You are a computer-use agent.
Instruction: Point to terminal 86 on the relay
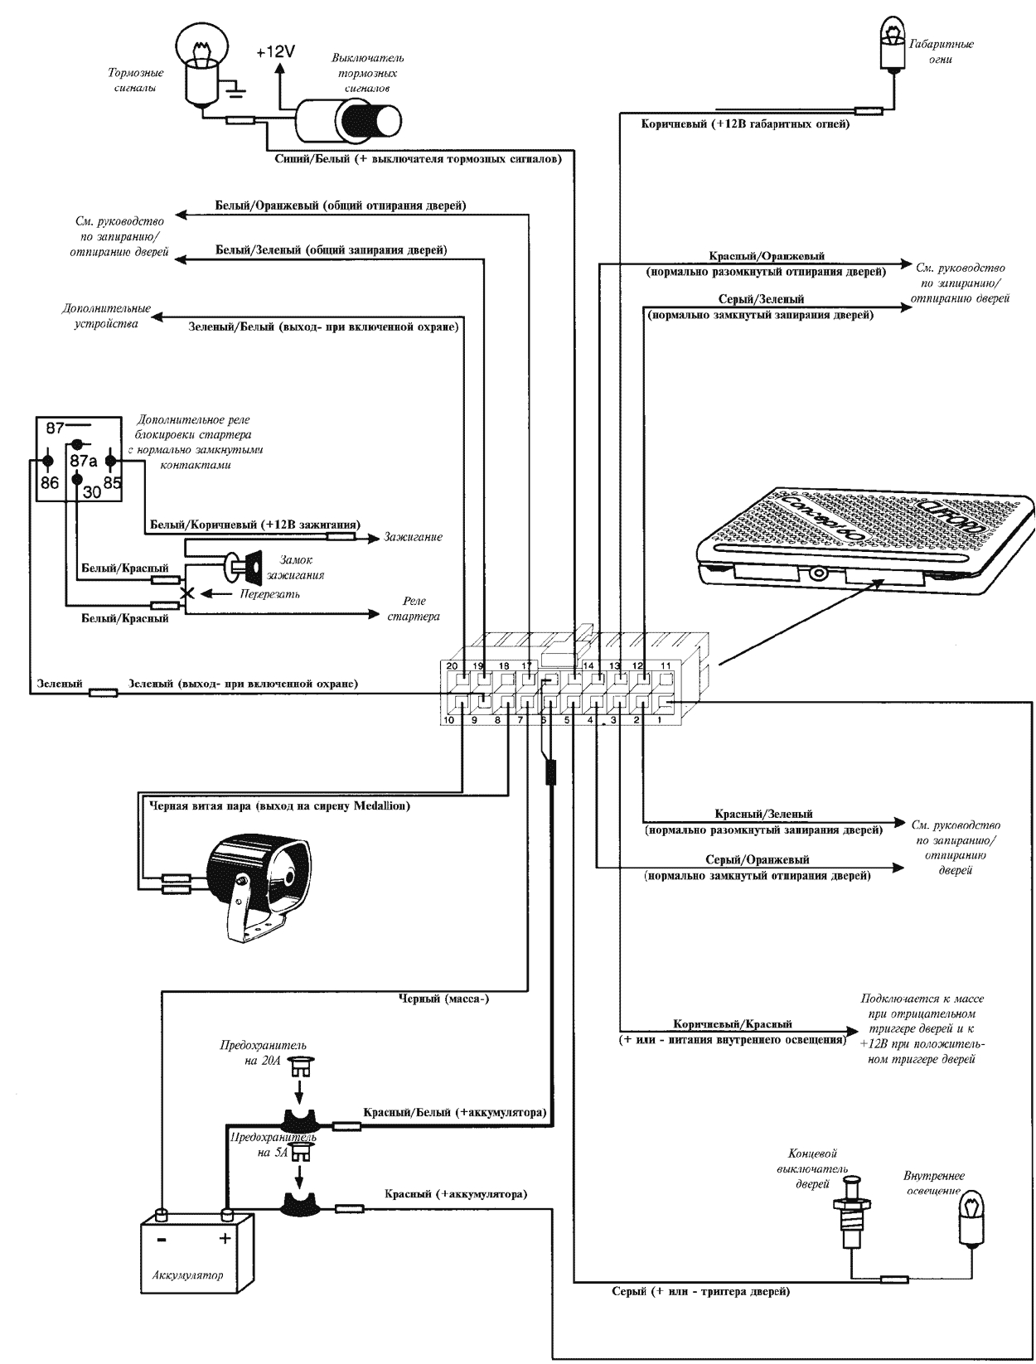50,481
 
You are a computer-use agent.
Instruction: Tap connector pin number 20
452,665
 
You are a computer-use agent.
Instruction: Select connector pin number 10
448,720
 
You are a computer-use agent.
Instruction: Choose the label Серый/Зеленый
760,298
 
